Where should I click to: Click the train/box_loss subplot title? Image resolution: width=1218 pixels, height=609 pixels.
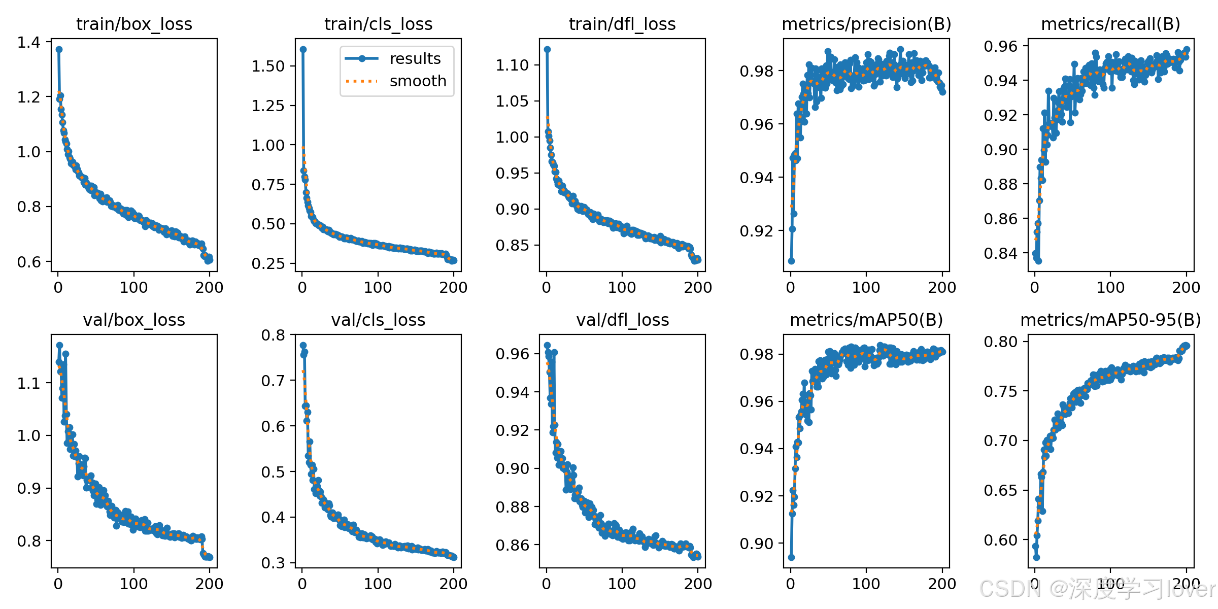(x=134, y=24)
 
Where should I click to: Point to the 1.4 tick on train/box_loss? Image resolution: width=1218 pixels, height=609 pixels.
(x=29, y=42)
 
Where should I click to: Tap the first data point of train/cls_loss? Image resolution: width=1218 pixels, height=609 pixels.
(x=303, y=49)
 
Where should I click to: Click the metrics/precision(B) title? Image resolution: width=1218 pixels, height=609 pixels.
(x=866, y=24)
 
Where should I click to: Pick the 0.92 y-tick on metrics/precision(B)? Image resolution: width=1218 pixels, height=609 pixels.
(x=756, y=231)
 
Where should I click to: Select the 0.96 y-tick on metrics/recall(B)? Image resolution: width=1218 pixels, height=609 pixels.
(x=1001, y=46)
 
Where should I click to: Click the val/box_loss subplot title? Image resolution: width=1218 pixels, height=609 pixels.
(x=134, y=320)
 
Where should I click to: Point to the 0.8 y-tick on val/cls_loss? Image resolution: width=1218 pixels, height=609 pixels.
(x=273, y=335)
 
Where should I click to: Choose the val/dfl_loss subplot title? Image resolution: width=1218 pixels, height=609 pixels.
(x=623, y=320)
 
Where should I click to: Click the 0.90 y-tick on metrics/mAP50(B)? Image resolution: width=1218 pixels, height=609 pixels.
(x=756, y=544)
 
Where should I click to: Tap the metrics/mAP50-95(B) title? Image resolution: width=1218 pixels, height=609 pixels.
(x=1111, y=320)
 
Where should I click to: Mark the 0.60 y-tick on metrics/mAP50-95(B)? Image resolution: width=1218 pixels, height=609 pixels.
(x=1001, y=540)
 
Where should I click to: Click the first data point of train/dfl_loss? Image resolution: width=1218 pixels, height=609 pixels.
(x=547, y=49)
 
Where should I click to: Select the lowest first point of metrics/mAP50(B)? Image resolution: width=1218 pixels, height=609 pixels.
(x=791, y=557)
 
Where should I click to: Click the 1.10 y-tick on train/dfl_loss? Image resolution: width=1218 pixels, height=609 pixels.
(x=512, y=65)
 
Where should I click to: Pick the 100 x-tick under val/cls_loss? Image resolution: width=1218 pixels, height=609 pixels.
(x=378, y=584)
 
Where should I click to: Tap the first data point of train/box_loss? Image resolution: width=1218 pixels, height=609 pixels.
(x=59, y=49)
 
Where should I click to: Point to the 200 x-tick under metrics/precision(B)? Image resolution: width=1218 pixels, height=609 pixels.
(x=942, y=287)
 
